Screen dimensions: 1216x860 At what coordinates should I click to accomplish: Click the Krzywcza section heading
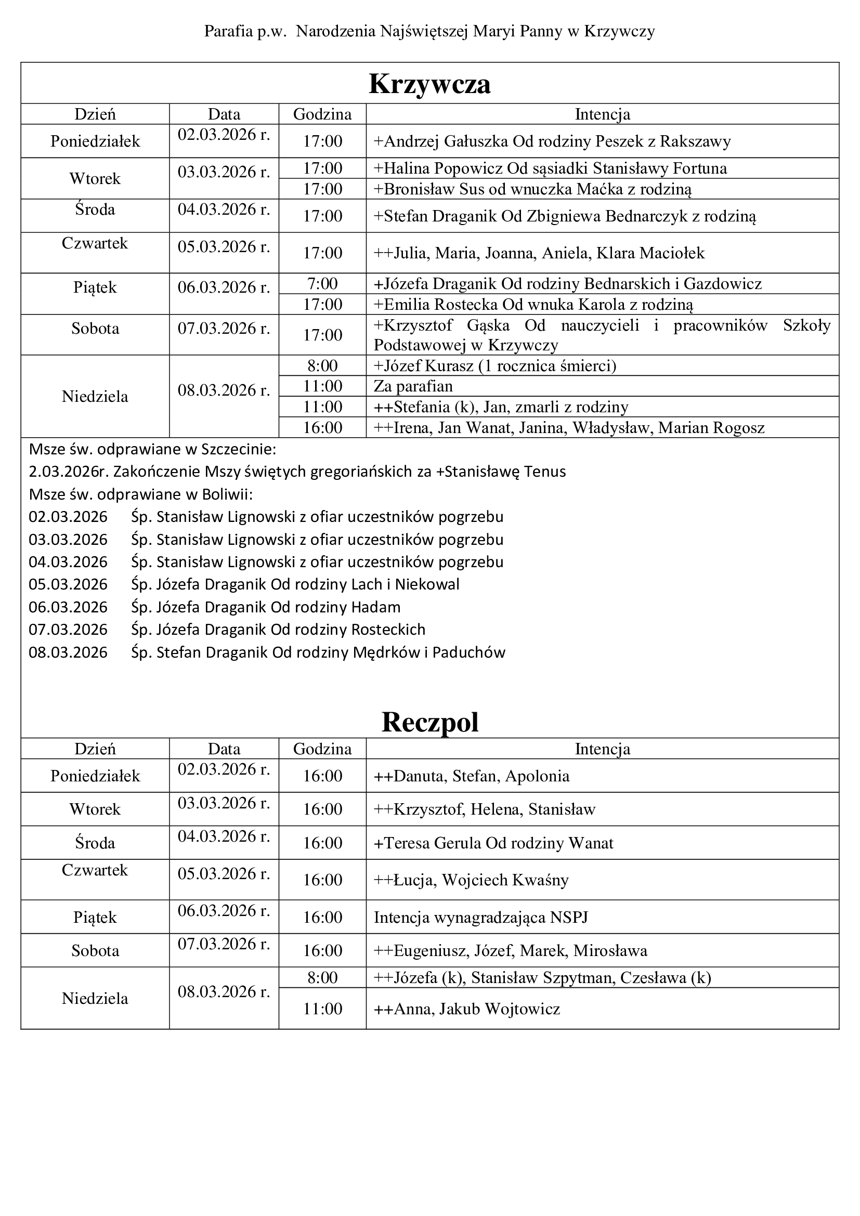[x=429, y=84]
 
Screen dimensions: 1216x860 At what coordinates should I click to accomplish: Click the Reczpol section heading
[x=429, y=722]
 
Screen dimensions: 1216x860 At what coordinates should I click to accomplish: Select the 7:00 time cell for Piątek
[x=322, y=284]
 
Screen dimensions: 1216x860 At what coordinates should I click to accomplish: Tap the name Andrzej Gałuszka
[x=447, y=141]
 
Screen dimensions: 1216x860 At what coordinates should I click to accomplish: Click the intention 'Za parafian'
[x=413, y=386]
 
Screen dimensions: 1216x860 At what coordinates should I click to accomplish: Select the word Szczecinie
[x=239, y=449]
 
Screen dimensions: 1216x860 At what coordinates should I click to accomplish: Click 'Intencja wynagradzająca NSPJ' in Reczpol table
[x=481, y=917]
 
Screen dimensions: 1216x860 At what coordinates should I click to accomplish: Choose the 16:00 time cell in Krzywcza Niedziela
[x=322, y=427]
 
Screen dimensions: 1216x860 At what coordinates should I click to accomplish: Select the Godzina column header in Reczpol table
[x=322, y=749]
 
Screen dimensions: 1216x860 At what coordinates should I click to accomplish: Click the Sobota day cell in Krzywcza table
[x=95, y=329]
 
